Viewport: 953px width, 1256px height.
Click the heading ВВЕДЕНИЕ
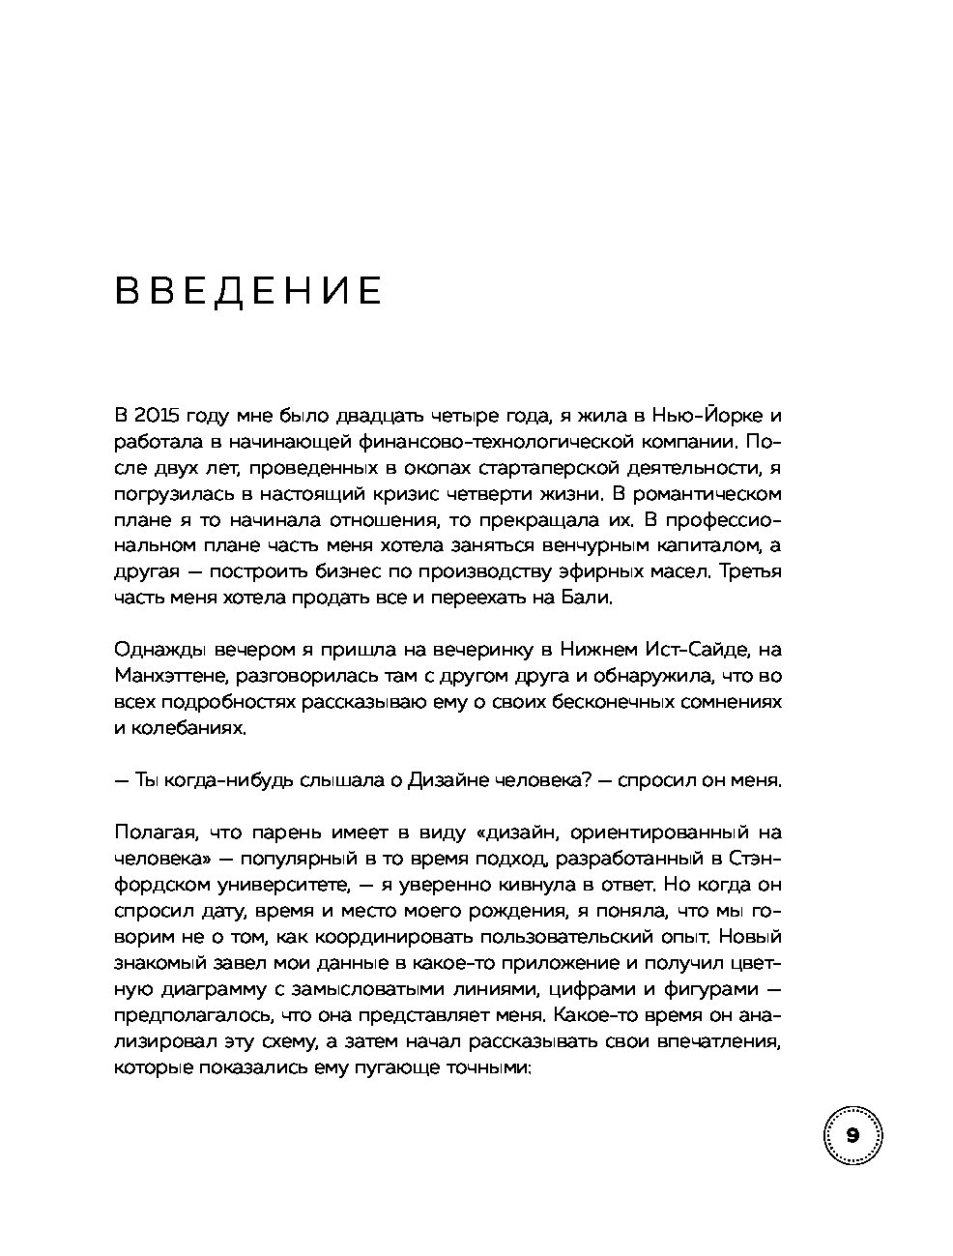point(248,291)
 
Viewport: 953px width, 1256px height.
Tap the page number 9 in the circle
point(852,1135)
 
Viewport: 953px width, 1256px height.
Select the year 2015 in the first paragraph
point(155,417)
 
